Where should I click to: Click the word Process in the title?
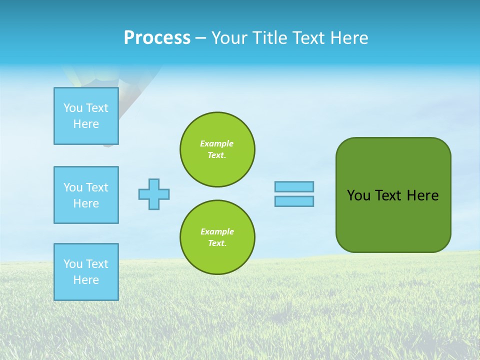tap(157, 38)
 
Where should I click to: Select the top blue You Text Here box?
tap(86, 116)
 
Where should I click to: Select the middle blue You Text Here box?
tap(86, 195)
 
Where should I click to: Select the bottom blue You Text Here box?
tap(86, 272)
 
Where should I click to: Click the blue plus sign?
tap(154, 194)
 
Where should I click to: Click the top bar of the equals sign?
tap(294, 186)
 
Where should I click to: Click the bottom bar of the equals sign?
tap(294, 201)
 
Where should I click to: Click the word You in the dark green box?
tap(358, 195)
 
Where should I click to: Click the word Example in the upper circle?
tap(216, 143)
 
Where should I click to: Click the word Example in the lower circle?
tap(217, 231)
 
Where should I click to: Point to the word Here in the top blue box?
tap(86, 124)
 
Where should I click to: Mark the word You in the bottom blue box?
tap(73, 264)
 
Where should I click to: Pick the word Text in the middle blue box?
tap(96, 187)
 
